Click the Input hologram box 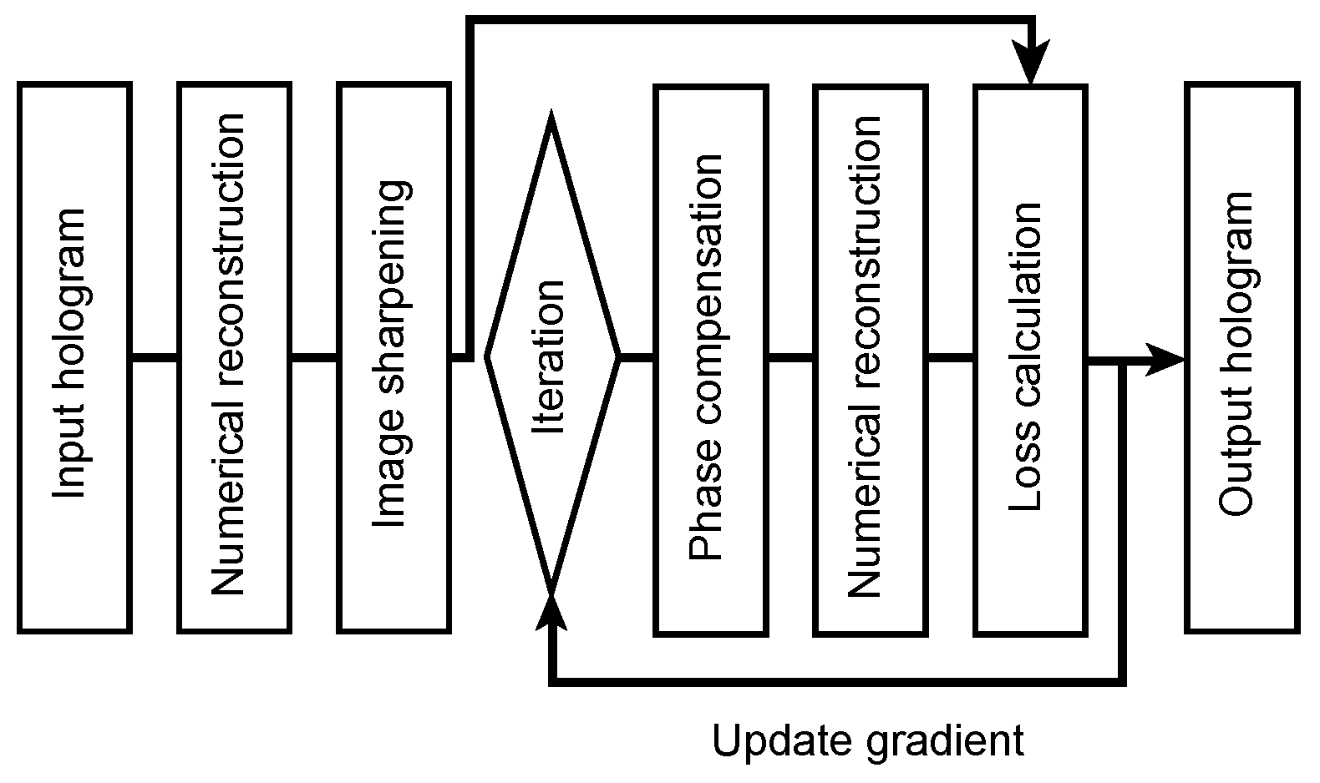[x=74, y=357]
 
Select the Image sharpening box [x=394, y=357]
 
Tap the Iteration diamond [x=551, y=357]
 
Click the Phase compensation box [x=710, y=357]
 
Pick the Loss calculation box [x=1030, y=357]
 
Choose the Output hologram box [x=1241, y=357]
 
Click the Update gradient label [x=867, y=740]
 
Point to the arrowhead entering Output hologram [x=1166, y=360]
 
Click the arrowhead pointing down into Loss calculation [x=1031, y=67]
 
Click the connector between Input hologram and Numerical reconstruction [x=155, y=358]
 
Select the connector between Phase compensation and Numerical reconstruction [x=790, y=358]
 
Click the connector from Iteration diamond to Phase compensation [x=636, y=358]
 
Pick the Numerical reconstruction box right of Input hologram [x=234, y=357]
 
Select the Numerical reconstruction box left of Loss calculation [x=870, y=357]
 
